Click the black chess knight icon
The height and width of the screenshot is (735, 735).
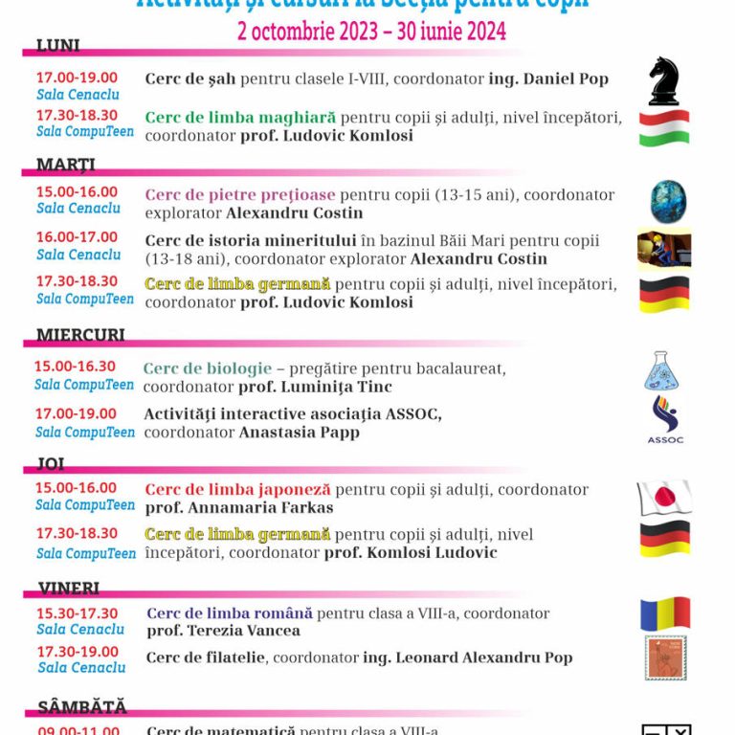pyautogui.click(x=664, y=81)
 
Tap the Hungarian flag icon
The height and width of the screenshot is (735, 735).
pyautogui.click(x=664, y=127)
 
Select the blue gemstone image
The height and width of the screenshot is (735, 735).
pyautogui.click(x=668, y=201)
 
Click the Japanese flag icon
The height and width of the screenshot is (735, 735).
pyautogui.click(x=664, y=498)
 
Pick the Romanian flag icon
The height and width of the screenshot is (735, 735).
pyautogui.click(x=665, y=613)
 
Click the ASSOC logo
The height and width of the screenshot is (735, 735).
pyautogui.click(x=664, y=420)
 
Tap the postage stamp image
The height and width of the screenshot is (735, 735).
pyautogui.click(x=665, y=658)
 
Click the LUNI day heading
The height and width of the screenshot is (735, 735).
pyautogui.click(x=57, y=46)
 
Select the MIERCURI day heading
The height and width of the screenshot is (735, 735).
pyautogui.click(x=80, y=335)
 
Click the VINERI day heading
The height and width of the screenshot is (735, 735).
pyautogui.click(x=69, y=588)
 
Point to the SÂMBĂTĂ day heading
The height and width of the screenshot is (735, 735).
pyautogui.click(x=81, y=707)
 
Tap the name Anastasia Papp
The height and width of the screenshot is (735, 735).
pyautogui.click(x=299, y=432)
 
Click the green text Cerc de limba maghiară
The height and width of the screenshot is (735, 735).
pyautogui.click(x=240, y=118)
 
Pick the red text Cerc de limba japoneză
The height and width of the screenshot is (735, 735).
pyautogui.click(x=237, y=489)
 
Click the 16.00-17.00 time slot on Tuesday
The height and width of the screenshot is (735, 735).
pyautogui.click(x=77, y=237)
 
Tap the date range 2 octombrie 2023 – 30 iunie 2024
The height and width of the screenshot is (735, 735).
pyautogui.click(x=371, y=32)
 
